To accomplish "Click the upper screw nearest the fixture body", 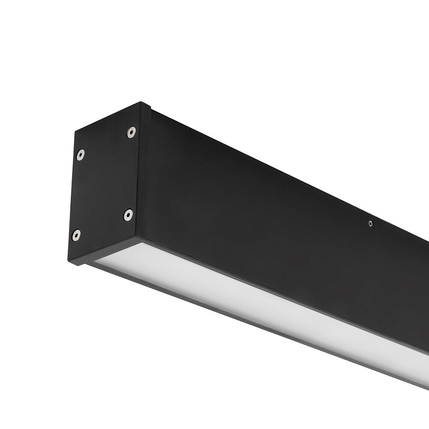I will (x=131, y=132).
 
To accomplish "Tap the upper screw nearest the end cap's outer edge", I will (x=80, y=154).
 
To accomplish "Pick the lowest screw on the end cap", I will (x=76, y=235).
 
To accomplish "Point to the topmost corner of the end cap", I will (x=141, y=102).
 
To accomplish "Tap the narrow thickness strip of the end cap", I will (x=145, y=172).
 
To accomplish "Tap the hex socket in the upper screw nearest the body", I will (x=131, y=132).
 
